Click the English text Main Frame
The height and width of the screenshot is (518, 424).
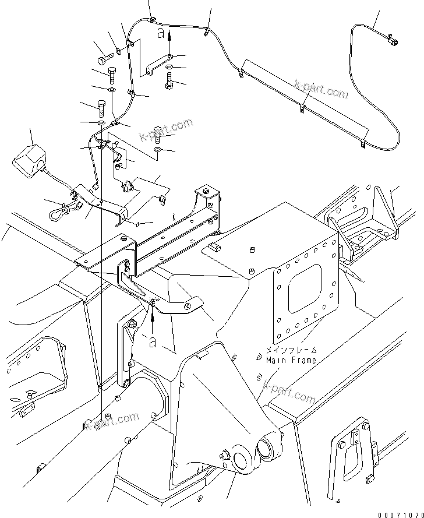(x=291, y=360)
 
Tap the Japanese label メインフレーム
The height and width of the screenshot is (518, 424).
(x=292, y=350)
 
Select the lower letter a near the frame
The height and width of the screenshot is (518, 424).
(x=153, y=343)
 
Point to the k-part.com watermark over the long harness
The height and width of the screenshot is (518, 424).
(x=320, y=90)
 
